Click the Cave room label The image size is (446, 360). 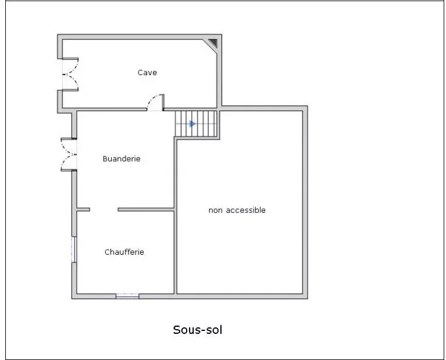147,73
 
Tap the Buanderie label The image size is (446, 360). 122,159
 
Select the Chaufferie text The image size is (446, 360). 124,252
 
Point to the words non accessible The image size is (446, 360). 237,211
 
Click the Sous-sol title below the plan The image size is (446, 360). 197,330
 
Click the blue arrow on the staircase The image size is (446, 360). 193,124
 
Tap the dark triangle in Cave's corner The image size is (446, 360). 213,43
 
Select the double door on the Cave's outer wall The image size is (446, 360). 70,74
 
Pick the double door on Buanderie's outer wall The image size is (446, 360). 69,155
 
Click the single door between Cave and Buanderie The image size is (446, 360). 155,103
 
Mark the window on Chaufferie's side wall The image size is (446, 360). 74,249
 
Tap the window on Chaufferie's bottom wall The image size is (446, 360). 127,296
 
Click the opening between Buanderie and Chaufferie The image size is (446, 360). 104,210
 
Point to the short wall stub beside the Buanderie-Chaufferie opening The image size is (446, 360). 83,210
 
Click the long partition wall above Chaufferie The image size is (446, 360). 146,210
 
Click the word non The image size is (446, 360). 216,211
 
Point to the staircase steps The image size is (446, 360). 196,124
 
